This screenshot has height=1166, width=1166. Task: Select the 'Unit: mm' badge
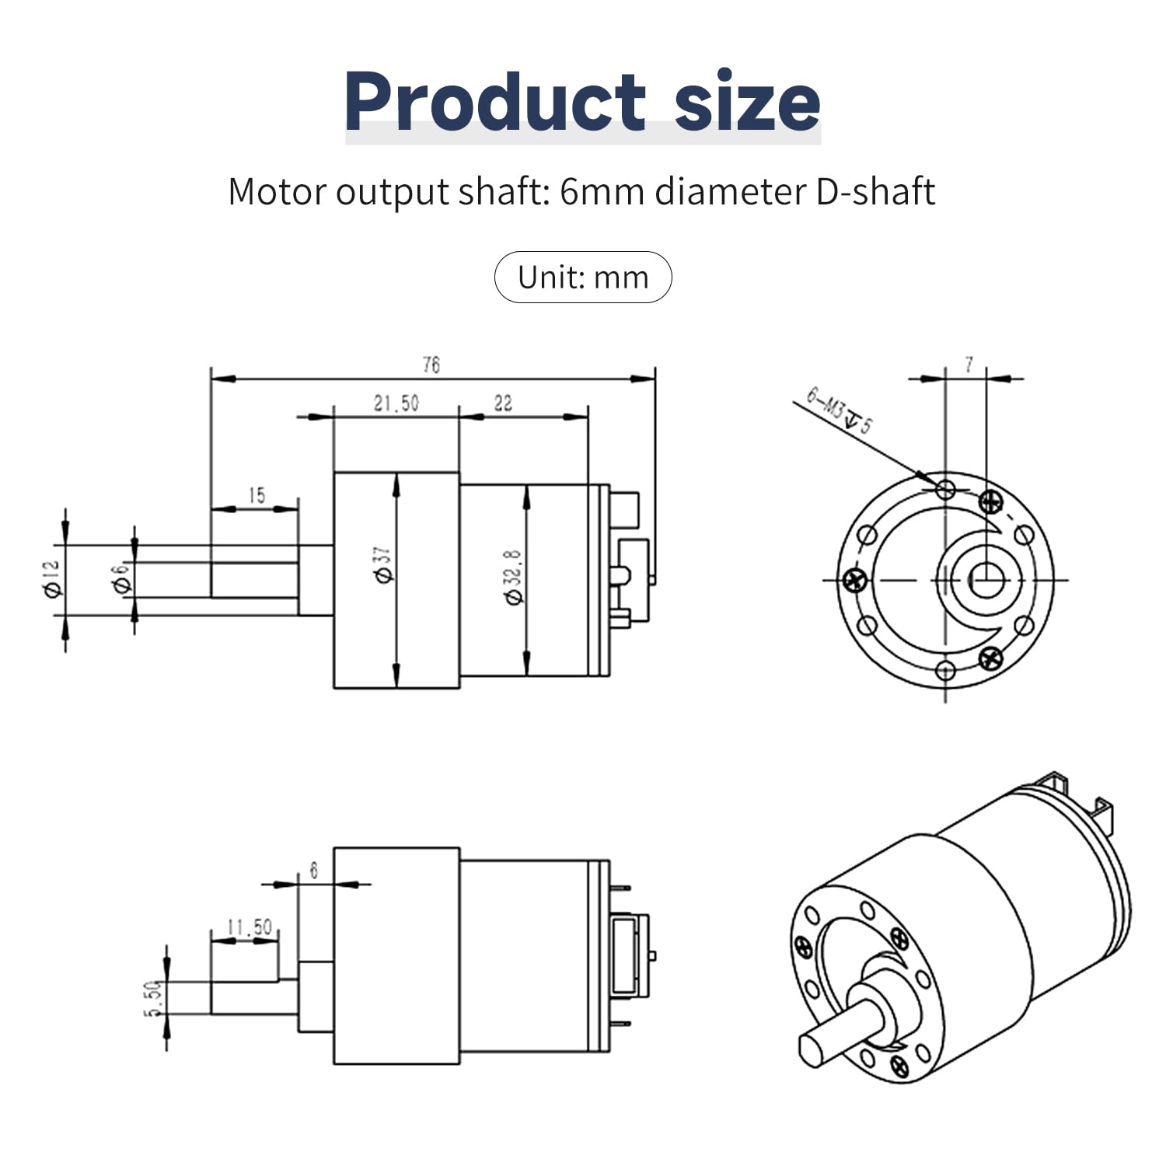[583, 278]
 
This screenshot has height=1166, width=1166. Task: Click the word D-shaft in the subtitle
[875, 192]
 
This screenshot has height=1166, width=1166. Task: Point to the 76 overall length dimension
[431, 365]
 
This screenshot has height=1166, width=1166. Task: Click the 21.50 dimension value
[396, 403]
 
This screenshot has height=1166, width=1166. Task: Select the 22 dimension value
[503, 403]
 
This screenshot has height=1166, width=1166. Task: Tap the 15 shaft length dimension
[257, 495]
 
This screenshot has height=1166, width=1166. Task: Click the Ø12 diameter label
[53, 580]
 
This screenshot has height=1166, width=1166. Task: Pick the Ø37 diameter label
[386, 564]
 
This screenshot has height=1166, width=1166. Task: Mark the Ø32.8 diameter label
[515, 577]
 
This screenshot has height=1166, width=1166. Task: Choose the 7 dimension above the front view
[969, 364]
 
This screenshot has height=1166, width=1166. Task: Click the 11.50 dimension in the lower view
[250, 927]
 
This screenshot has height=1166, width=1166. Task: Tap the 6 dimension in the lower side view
[314, 870]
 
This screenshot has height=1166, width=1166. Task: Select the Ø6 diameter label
[120, 580]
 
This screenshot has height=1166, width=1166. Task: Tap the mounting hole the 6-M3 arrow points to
[946, 489]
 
